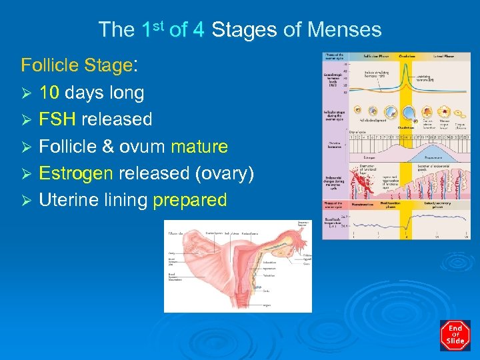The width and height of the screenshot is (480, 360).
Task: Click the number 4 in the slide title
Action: point(197,30)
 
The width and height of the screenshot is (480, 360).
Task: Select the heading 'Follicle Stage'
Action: point(76,65)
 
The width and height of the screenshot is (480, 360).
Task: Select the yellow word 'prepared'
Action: point(190,200)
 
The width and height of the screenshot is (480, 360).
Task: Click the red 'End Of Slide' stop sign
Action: point(455,335)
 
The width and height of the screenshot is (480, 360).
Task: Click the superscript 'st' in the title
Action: point(163,25)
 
